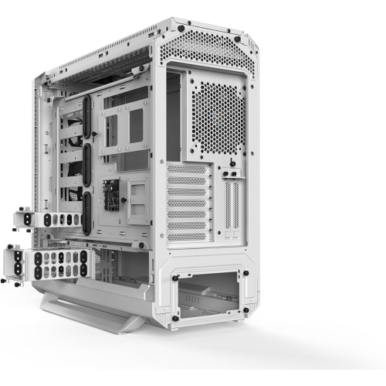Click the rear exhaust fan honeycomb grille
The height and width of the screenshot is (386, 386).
pyautogui.click(x=218, y=117)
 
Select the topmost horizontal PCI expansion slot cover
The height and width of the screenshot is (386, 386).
pyautogui.click(x=188, y=168)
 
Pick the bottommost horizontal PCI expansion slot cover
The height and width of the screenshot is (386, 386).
pyautogui.click(x=188, y=234)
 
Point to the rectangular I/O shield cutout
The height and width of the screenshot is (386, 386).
pyautogui.click(x=174, y=116)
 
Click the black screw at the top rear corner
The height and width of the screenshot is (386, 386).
pyautogui.click(x=181, y=28)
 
